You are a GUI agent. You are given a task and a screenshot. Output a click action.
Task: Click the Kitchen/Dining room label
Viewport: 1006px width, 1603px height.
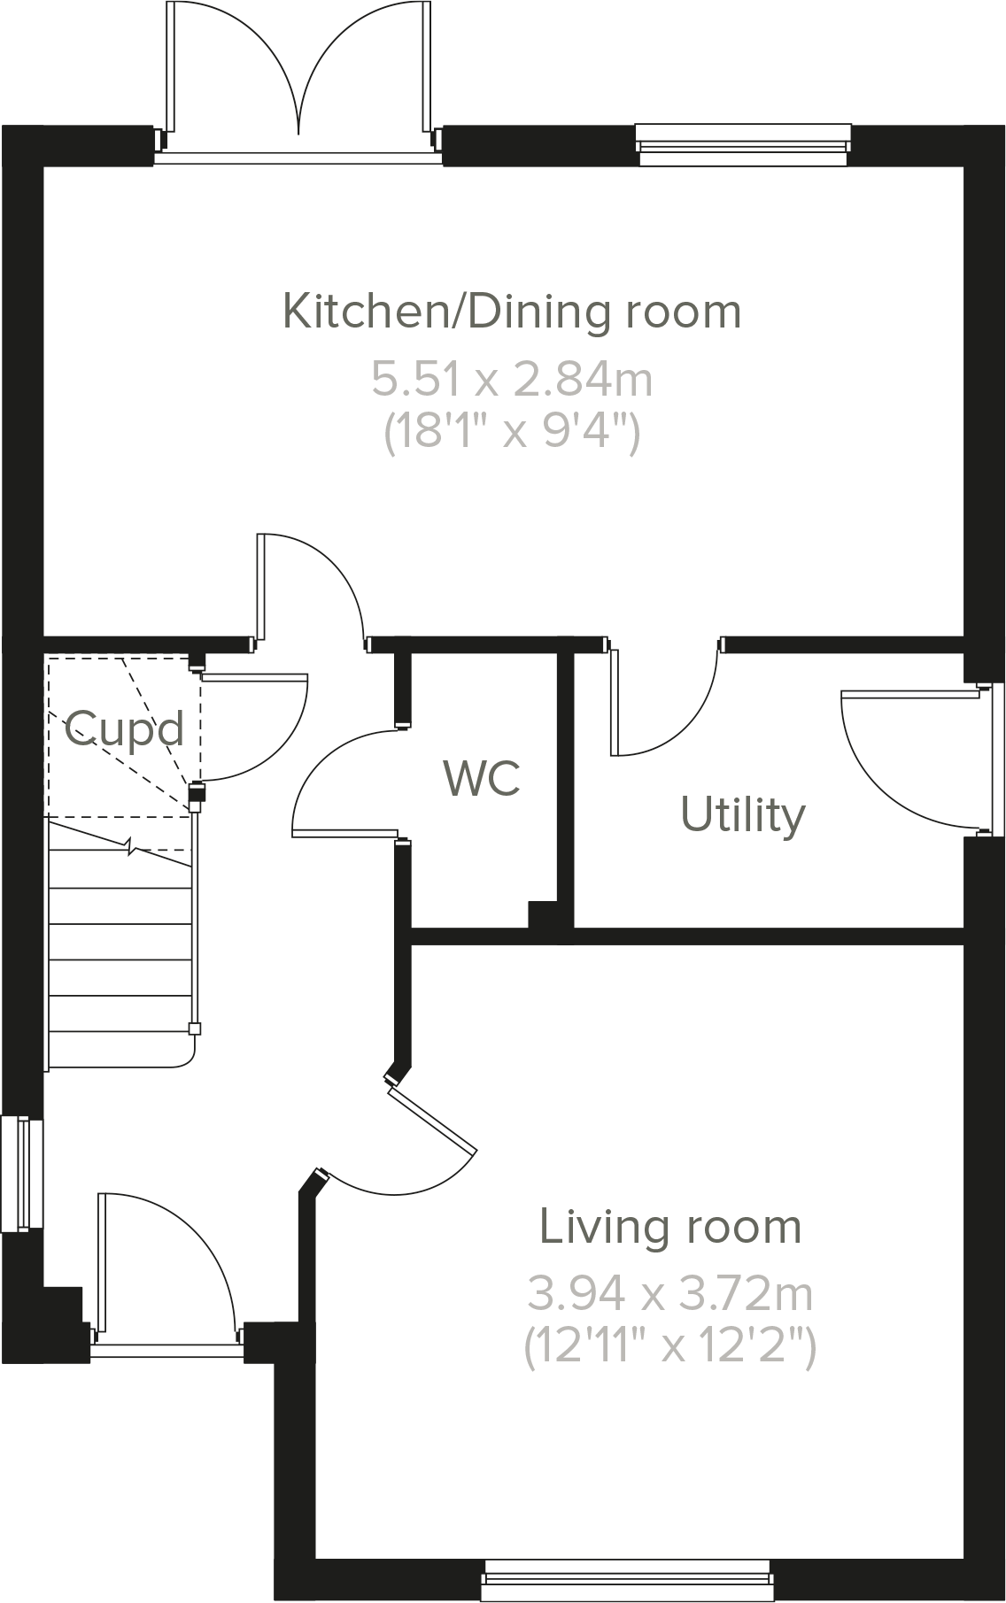coord(511,312)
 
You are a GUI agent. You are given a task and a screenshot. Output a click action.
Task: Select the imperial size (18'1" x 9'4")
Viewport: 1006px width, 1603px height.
coord(511,433)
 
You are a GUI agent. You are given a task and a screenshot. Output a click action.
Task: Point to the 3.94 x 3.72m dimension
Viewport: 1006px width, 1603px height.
coord(670,1294)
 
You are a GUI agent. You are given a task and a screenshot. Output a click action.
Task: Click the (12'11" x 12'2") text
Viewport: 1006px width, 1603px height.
coord(670,1347)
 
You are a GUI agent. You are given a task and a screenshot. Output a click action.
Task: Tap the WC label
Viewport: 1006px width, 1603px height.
coord(481,778)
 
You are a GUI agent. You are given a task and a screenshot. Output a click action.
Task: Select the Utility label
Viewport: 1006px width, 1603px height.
coord(743,814)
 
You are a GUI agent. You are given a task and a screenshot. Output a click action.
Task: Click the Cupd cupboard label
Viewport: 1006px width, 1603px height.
coord(124,729)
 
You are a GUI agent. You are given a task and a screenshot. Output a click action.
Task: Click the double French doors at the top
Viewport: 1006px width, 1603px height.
coord(299,80)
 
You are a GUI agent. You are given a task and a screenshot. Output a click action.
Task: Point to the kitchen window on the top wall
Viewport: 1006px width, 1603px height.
coord(742,144)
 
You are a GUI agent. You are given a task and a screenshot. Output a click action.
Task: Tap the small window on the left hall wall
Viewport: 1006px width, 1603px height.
coord(21,1174)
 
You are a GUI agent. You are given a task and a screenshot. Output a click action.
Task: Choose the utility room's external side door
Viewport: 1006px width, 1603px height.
coord(912,761)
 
